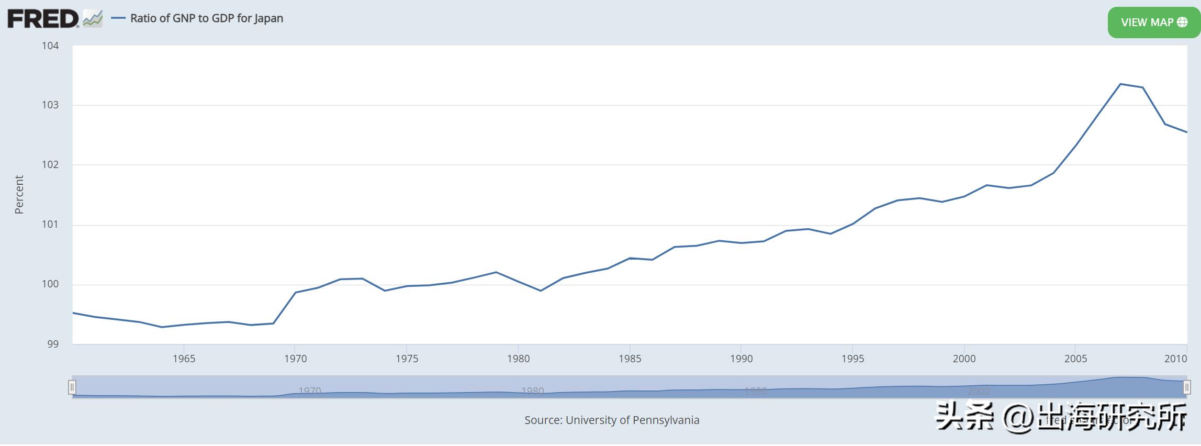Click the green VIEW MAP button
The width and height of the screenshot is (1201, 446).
pos(1153,22)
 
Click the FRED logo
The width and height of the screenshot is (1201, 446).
pos(43,19)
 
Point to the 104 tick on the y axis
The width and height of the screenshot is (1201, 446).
pos(50,46)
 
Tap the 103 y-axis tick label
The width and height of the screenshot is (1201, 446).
pos(50,105)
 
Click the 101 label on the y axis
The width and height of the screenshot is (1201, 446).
pos(50,225)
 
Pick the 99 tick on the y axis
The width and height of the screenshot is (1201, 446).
pos(53,344)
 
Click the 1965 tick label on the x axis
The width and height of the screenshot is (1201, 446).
pos(184,359)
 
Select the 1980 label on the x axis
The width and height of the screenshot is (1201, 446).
pos(518,359)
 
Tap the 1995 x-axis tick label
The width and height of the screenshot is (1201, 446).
pos(852,359)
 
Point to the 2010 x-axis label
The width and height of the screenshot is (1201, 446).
pos(1175,359)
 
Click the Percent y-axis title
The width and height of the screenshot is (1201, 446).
pos(19,195)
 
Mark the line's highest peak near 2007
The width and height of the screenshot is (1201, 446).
pos(1120,84)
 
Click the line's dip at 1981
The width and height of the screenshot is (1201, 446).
pos(541,291)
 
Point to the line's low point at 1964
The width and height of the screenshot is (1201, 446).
pos(162,327)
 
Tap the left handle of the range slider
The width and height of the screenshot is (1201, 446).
pos(72,387)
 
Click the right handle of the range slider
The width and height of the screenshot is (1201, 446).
pos(1187,387)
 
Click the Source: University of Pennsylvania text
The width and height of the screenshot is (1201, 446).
pos(612,420)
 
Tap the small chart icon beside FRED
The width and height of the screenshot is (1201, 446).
pos(93,19)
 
